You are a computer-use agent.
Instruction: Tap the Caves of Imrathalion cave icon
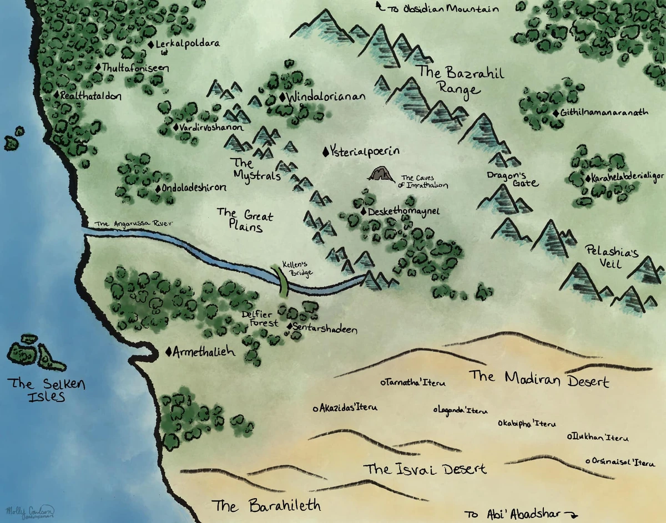[381, 175]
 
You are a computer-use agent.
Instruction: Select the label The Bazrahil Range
[453, 80]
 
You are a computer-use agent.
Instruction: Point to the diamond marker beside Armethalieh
[169, 352]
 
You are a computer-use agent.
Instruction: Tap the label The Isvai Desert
[425, 469]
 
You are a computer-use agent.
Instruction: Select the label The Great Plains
[245, 220]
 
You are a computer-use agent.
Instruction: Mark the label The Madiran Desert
[539, 379]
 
